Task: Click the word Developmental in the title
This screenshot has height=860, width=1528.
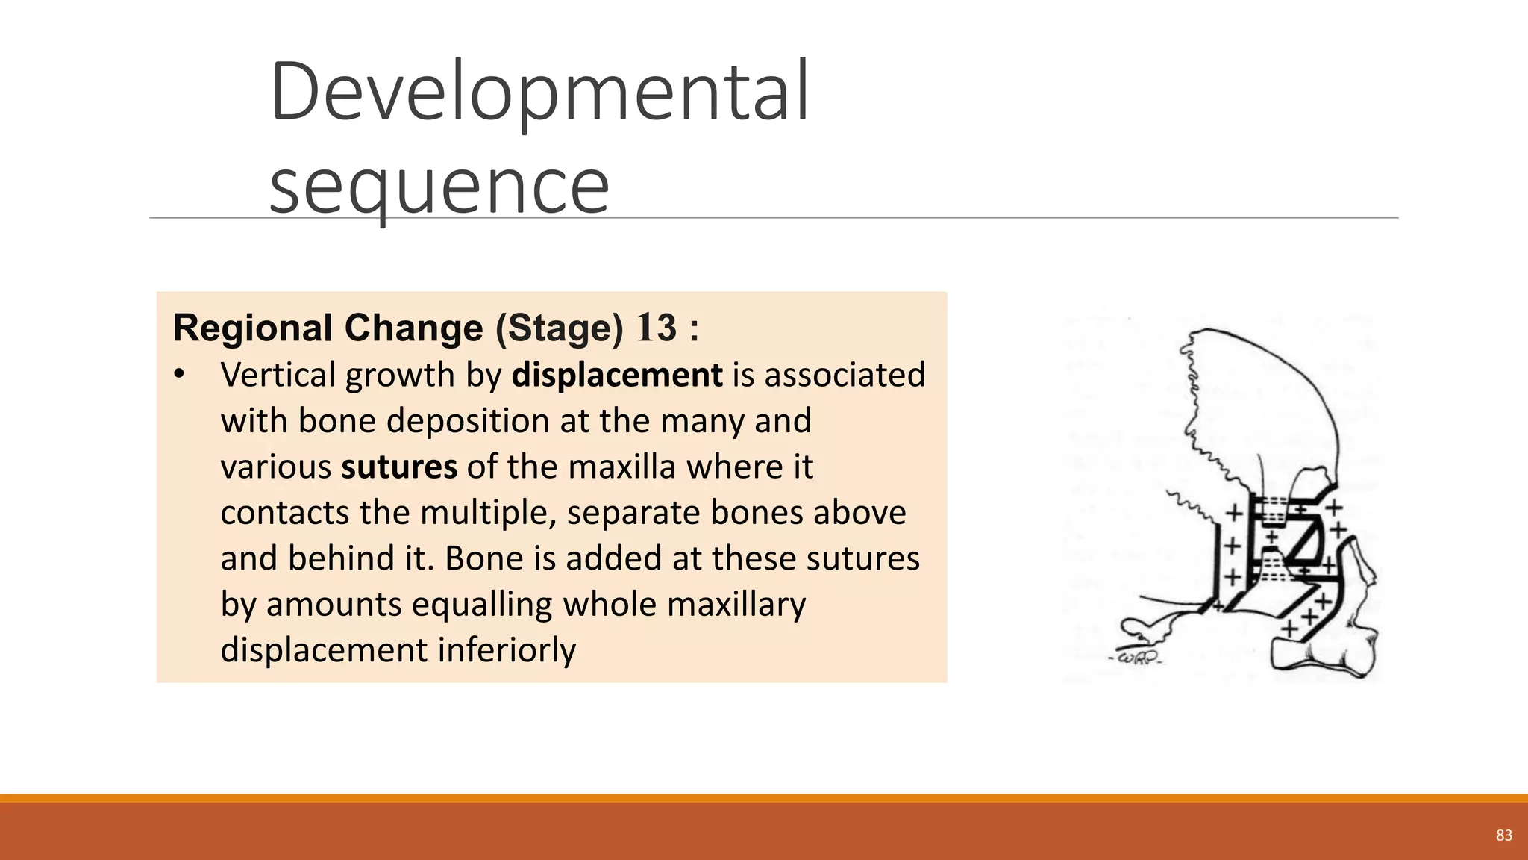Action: (x=539, y=93)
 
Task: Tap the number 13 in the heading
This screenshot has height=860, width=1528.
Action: (x=657, y=328)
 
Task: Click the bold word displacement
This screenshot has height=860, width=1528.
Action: (x=616, y=375)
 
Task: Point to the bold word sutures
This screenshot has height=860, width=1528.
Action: (x=399, y=467)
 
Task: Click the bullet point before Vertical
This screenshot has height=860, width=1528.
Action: (x=178, y=375)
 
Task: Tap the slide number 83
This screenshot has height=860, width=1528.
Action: (x=1503, y=835)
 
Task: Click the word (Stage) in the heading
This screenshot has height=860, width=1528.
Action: (x=559, y=328)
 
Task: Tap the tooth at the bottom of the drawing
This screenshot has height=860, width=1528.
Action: (x=1321, y=656)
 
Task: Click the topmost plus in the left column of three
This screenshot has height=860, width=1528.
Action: (x=1235, y=513)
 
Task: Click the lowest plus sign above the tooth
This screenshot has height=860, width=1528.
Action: (x=1290, y=629)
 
